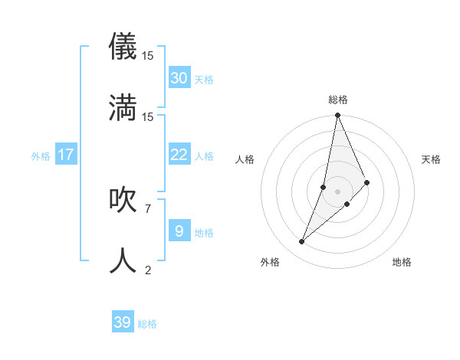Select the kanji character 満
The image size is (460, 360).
(x=123, y=108)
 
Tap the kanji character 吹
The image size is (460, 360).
(x=123, y=199)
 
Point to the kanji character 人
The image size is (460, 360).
(x=123, y=260)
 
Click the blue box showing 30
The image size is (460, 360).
(x=179, y=77)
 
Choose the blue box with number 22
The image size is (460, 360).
(x=179, y=155)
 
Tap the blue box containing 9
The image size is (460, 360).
(x=179, y=231)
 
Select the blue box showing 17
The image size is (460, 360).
(x=66, y=155)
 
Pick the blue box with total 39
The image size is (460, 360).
(x=123, y=322)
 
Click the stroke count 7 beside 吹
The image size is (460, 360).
(x=148, y=208)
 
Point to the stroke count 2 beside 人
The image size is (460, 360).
(x=148, y=270)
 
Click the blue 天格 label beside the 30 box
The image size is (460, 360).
(x=204, y=79)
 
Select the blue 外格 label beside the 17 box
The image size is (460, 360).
(x=41, y=156)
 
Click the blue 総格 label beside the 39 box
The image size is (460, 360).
(x=147, y=324)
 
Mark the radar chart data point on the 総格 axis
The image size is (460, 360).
(x=337, y=116)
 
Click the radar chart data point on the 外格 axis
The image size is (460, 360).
(x=302, y=242)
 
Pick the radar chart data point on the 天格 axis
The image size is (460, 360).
(x=367, y=182)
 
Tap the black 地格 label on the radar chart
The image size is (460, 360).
(x=402, y=263)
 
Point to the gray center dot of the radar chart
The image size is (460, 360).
(x=337, y=191)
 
